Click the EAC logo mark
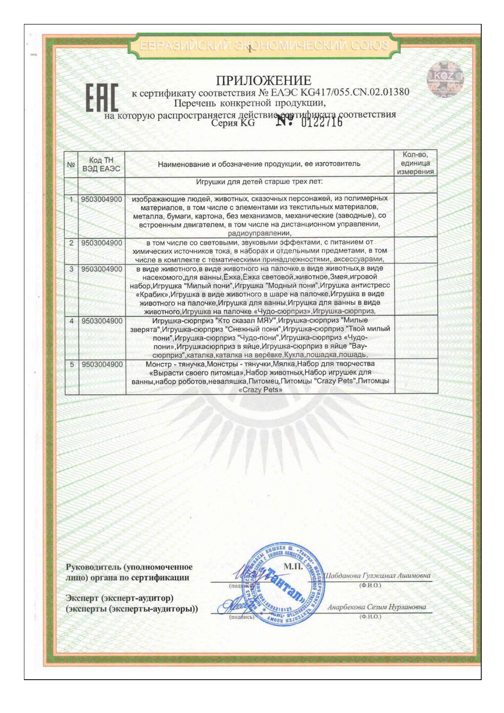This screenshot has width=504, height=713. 102,98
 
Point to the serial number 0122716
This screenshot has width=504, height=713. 322,121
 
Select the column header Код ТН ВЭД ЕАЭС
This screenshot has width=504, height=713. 101,165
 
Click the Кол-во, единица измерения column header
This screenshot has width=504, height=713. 415,163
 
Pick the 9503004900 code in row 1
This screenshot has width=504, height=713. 102,199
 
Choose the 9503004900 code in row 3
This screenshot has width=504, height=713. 102,269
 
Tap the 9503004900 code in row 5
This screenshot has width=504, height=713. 102,364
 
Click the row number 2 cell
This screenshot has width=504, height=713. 71,243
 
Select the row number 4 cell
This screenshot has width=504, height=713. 71,321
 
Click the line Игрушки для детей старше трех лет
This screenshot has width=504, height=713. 259,182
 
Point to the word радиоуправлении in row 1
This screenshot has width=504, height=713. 260,233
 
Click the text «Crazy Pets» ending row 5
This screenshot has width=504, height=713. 260,390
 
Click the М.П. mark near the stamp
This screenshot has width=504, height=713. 293,566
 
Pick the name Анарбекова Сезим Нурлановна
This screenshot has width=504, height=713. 376,607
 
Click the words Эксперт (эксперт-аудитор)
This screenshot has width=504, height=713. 119,598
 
